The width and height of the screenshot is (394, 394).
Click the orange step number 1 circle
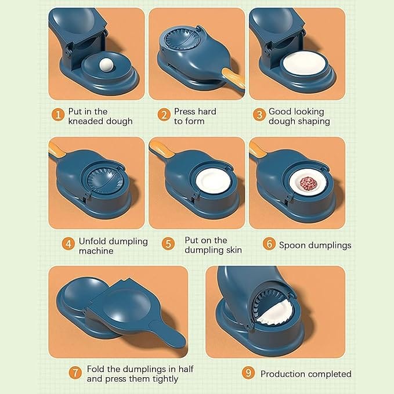click(x=57, y=115)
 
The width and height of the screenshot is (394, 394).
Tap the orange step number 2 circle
click(x=164, y=115)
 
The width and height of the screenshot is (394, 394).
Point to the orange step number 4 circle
click(x=69, y=244)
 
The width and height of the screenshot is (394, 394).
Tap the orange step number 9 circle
click(x=249, y=374)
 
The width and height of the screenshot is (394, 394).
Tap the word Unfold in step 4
click(x=95, y=241)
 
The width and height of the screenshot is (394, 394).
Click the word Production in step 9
click(x=284, y=374)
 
